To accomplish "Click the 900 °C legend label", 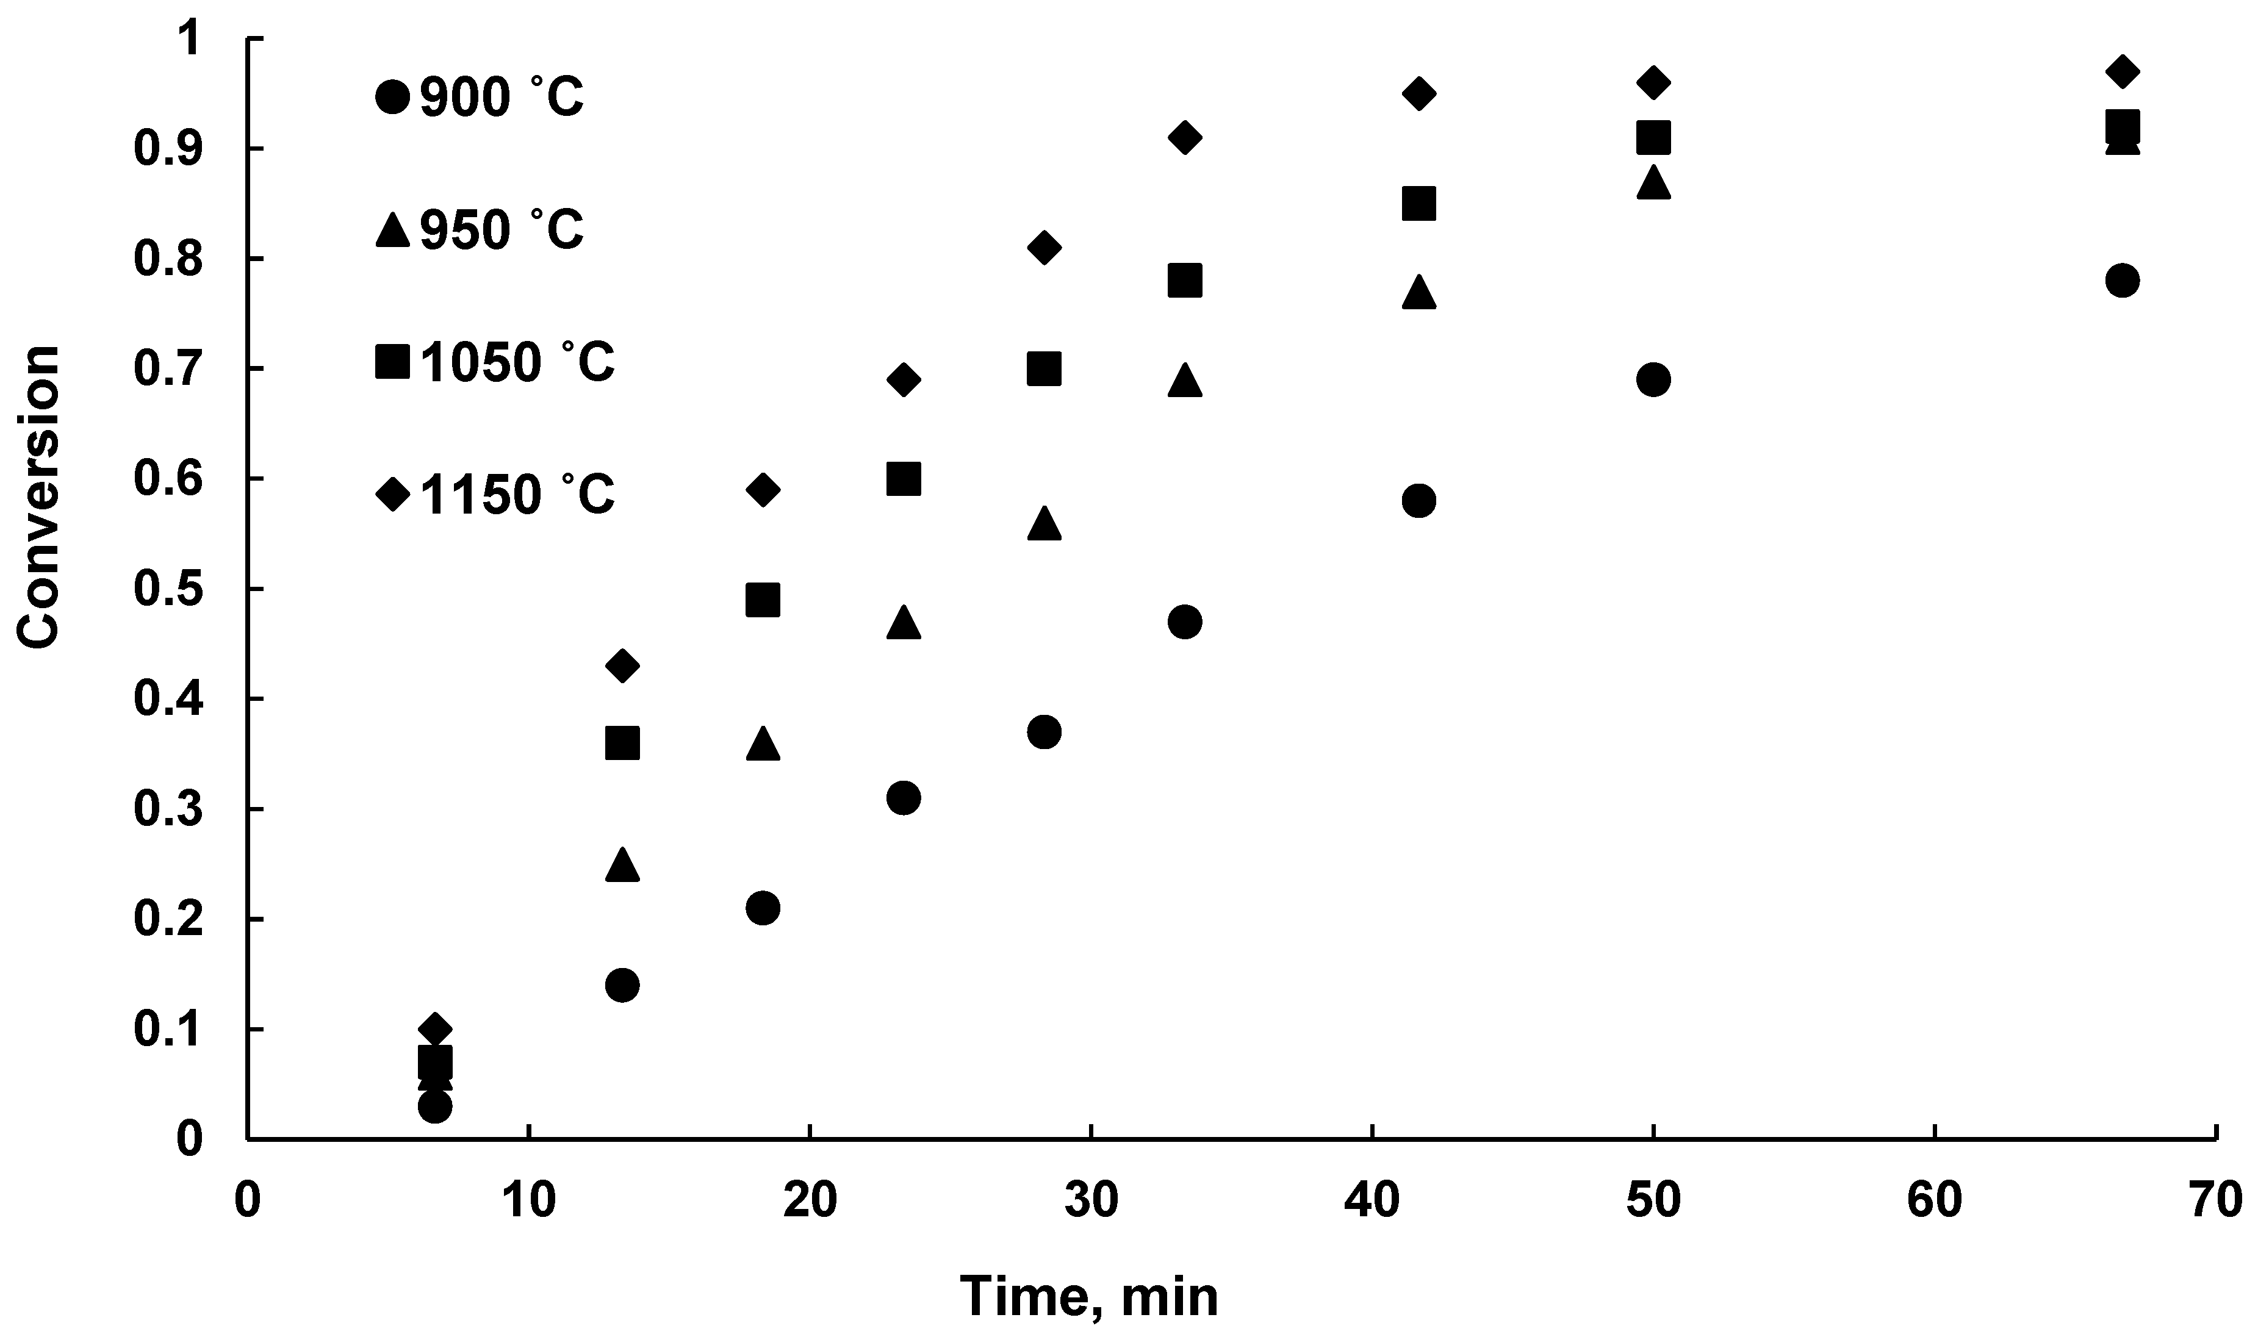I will [x=502, y=97].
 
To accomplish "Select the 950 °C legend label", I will [x=502, y=230].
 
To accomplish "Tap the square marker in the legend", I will [x=392, y=361].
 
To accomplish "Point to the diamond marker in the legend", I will [x=392, y=493].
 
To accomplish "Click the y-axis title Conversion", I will [x=38, y=496].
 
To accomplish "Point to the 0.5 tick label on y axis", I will [x=167, y=590].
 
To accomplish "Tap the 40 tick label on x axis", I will [x=1373, y=1201].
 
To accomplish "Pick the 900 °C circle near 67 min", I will [x=2123, y=281].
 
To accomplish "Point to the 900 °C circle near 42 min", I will [x=1418, y=501].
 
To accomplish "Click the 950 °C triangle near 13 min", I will [x=622, y=865].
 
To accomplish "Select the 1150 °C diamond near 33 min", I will [x=1185, y=137].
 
